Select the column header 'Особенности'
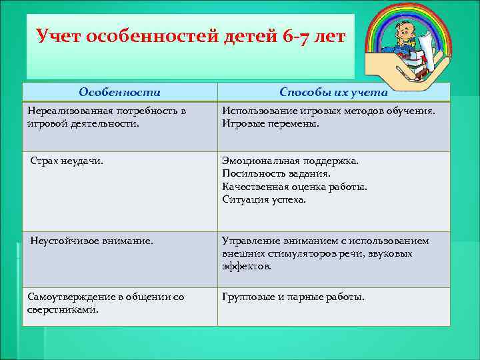(x=119, y=92)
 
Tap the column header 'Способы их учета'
(x=333, y=92)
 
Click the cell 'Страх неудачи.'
(x=67, y=161)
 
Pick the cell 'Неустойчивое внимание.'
(x=91, y=241)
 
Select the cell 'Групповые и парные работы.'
(x=293, y=297)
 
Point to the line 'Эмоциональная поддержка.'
(x=290, y=161)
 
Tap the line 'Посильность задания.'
(x=276, y=173)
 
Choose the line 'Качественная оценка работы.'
(x=294, y=187)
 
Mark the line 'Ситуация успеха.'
(x=264, y=199)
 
